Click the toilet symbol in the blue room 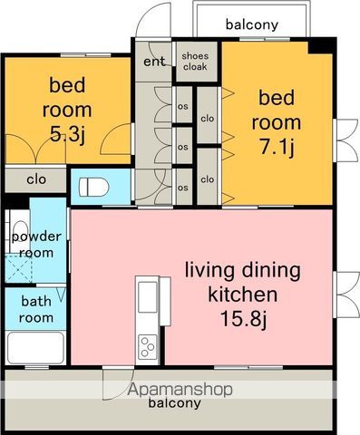93,187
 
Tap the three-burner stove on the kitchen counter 148,347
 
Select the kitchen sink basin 148,297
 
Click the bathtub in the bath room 35,348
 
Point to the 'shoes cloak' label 195,62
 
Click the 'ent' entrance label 154,62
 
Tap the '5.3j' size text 67,135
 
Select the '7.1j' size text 277,148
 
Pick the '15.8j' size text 243,318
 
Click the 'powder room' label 36,245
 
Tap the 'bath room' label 36,309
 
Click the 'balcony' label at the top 252,24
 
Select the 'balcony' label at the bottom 174,403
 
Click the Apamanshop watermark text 180,390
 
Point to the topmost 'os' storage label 182,107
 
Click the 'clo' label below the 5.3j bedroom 36,179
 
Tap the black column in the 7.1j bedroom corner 321,47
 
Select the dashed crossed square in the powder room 19,268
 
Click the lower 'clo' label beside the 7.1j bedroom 208,179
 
